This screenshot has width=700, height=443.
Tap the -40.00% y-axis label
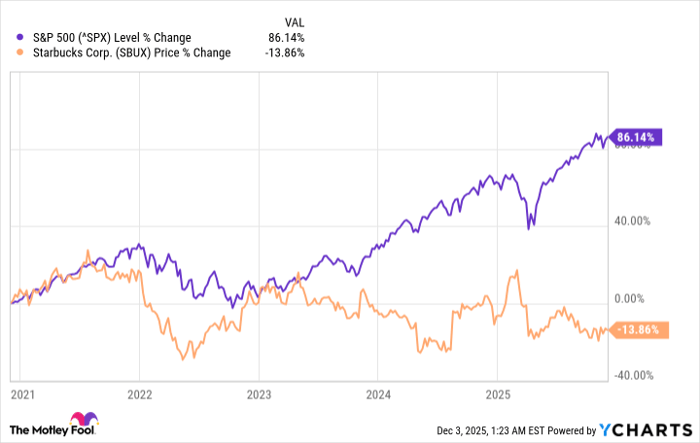(x=633, y=375)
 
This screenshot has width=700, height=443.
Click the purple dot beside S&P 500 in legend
(x=12, y=38)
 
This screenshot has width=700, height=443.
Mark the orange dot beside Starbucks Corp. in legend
(x=12, y=53)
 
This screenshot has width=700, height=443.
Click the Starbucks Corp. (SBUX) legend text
(x=125, y=53)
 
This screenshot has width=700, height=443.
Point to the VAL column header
(x=295, y=21)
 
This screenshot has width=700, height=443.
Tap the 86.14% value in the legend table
(x=287, y=38)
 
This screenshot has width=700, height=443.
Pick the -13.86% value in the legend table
(x=285, y=53)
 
